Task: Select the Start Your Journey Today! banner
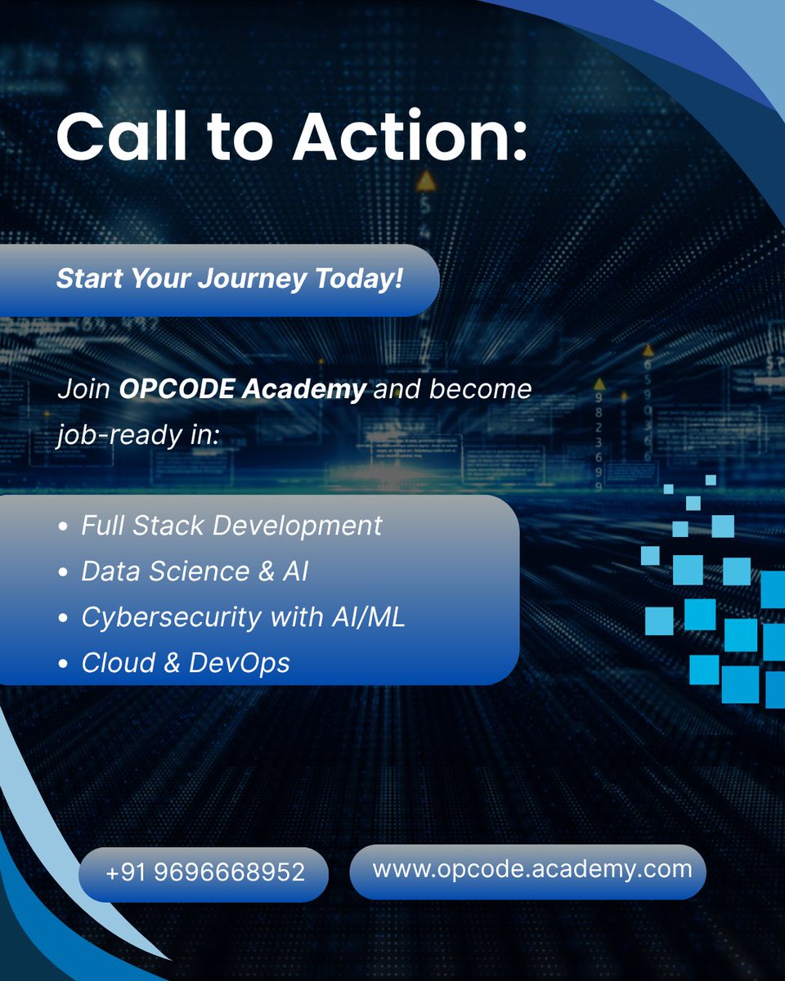tap(229, 280)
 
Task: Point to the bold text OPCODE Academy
tap(242, 389)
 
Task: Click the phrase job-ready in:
tap(138, 434)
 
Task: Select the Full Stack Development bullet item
tap(231, 525)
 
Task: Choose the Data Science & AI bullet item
tap(195, 571)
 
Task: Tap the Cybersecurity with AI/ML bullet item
tap(243, 616)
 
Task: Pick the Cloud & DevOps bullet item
tap(186, 662)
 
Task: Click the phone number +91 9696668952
tap(204, 872)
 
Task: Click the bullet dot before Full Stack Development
tap(64, 526)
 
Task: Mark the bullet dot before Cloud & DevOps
tap(64, 664)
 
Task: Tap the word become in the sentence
tap(481, 388)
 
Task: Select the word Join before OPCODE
tap(83, 389)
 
